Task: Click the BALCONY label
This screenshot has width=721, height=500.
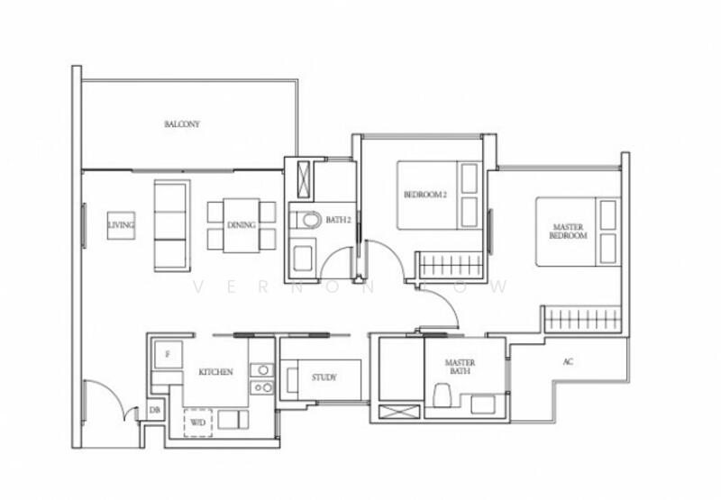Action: click(x=182, y=124)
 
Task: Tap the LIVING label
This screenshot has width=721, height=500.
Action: click(x=120, y=225)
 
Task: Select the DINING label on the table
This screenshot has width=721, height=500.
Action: click(x=241, y=225)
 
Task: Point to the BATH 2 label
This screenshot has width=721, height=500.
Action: click(x=338, y=220)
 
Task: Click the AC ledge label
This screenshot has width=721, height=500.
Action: click(x=567, y=362)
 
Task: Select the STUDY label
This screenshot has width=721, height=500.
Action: click(x=324, y=377)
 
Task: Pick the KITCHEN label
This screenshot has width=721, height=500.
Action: click(x=216, y=371)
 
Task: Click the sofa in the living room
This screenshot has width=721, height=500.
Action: click(x=171, y=225)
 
